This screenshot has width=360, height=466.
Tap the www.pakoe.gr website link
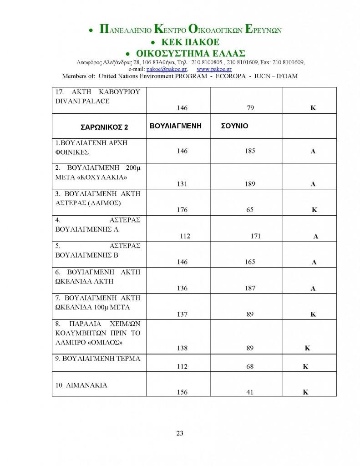pyautogui.click(x=214, y=69)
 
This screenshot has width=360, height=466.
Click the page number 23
pyautogui.click(x=180, y=433)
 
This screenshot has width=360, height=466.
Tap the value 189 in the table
pyautogui.click(x=250, y=184)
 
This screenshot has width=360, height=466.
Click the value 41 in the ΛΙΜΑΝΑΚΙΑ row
pyautogui.click(x=249, y=392)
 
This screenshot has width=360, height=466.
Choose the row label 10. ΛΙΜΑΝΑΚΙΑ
pyautogui.click(x=81, y=385)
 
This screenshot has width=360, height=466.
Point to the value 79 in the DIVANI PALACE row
pyautogui.click(x=249, y=108)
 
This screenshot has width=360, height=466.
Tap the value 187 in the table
pyautogui.click(x=250, y=289)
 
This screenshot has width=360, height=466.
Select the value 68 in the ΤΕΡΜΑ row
pyautogui.click(x=249, y=366)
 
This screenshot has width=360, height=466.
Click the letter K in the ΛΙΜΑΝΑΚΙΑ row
pyautogui.click(x=306, y=392)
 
